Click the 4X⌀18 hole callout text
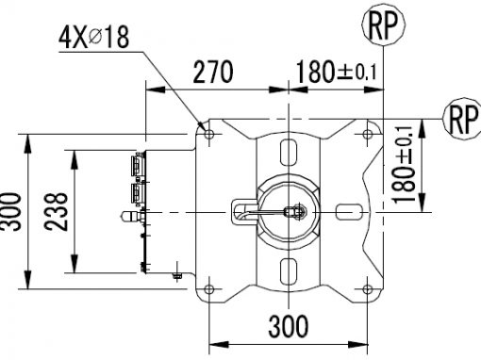(93, 38)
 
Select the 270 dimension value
(213, 73)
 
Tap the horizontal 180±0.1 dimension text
(336, 72)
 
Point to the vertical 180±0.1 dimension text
(403, 165)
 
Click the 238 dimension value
(56, 211)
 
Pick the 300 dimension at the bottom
(289, 326)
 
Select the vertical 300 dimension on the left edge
(10, 211)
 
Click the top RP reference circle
(383, 25)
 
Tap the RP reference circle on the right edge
(462, 119)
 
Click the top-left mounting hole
(209, 135)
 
